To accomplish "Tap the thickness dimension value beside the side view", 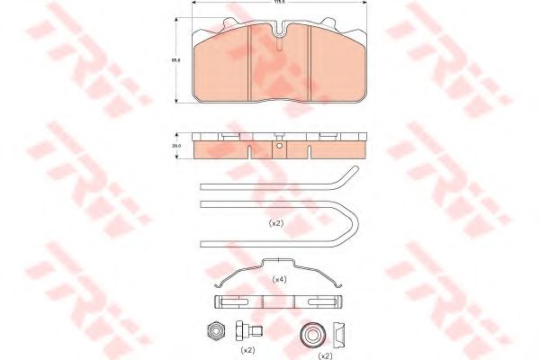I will (x=177, y=144).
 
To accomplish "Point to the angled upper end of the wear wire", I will (x=346, y=176).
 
